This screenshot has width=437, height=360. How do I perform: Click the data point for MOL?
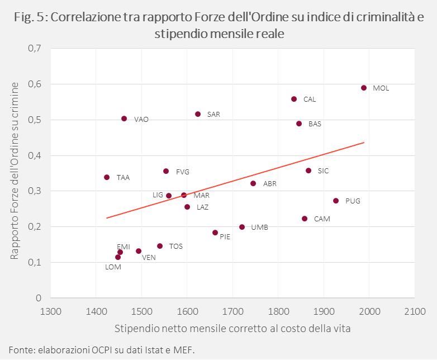pos(364,88)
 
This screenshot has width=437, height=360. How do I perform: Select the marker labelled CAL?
pos(294,99)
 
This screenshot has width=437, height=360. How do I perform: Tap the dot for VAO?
pos(124,119)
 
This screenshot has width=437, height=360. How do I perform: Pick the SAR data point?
pos(198,114)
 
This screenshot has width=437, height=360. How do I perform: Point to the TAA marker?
pos(107,177)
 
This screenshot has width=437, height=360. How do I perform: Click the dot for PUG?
pos(336,201)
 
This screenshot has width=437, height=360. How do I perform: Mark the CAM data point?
pos(305,219)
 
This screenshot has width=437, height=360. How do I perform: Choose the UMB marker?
pos(242,227)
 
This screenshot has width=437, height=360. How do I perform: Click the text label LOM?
pos(113,267)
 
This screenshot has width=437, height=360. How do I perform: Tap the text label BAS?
pos(315,124)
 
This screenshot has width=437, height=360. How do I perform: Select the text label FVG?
pos(183,172)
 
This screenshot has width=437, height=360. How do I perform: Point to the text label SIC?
pos(323,171)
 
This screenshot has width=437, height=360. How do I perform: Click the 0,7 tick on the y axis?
pos(35,49)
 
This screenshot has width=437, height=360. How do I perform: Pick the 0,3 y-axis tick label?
pos(35,191)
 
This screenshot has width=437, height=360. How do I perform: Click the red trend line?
pos(235,180)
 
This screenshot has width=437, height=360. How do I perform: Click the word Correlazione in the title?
pos(84,17)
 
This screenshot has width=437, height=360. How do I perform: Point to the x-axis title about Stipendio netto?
pos(233,328)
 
